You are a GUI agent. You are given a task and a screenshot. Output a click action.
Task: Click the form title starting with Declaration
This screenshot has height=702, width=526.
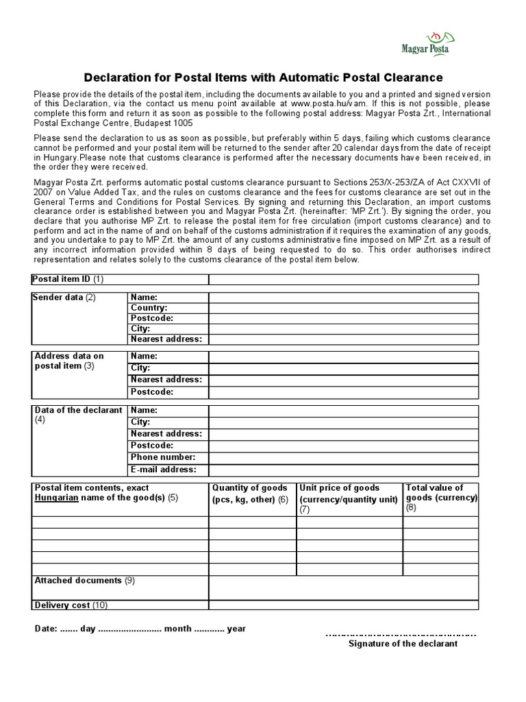tap(263, 77)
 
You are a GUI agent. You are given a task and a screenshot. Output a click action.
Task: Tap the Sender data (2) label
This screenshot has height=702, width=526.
tap(65, 298)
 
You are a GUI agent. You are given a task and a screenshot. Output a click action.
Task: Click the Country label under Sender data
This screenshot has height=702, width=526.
tap(149, 308)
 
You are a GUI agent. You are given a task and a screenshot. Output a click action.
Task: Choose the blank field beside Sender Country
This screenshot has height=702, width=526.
tap(343, 308)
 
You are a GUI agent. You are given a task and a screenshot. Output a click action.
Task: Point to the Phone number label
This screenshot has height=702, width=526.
tap(163, 457)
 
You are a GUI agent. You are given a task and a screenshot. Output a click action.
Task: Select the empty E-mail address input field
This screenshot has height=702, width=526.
tap(343, 470)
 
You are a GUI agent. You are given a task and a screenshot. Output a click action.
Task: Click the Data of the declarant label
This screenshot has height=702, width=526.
tap(78, 410)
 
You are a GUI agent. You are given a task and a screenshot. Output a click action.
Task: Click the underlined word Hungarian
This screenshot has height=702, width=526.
tap(57, 498)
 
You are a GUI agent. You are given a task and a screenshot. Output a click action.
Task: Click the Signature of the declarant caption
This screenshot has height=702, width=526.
tap(403, 644)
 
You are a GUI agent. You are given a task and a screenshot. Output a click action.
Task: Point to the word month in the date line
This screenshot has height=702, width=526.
tap(178, 629)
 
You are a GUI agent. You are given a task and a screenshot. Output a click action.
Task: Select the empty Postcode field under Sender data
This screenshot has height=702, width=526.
tap(343, 318)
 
